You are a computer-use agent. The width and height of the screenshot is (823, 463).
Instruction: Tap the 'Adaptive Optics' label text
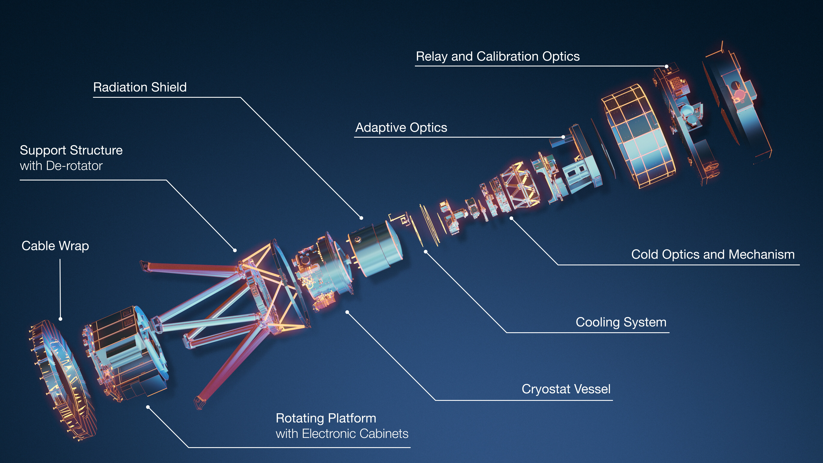[401, 128]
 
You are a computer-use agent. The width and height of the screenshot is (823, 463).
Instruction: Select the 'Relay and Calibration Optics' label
[498, 57]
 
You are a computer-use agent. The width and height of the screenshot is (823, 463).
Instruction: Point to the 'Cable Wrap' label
[55, 246]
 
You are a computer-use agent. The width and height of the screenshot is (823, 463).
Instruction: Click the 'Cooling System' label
[621, 322]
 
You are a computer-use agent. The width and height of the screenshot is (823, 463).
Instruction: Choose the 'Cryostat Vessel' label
[566, 389]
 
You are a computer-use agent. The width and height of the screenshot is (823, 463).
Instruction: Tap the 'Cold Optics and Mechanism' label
[713, 255]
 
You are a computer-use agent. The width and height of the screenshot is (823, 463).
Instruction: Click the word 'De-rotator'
[74, 166]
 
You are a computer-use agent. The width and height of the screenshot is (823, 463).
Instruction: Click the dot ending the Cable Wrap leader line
[60, 319]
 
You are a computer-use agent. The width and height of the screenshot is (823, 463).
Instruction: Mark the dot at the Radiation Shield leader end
[361, 218]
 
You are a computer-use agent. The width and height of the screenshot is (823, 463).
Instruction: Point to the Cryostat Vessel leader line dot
[347, 312]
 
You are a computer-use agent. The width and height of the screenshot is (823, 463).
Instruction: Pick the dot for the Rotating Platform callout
[148, 407]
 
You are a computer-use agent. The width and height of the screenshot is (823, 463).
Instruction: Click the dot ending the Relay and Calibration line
[667, 66]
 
